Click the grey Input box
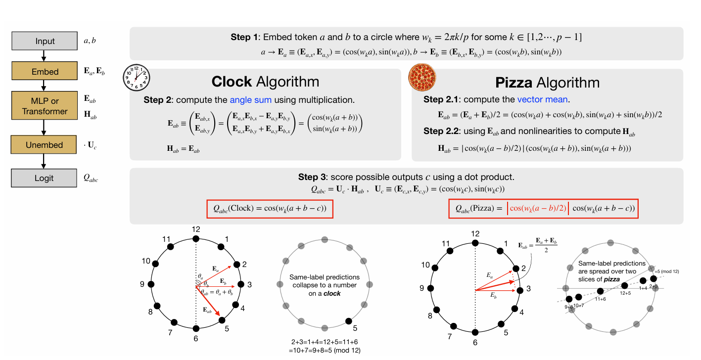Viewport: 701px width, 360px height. [45, 41]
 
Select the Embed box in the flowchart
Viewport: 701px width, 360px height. [45, 72]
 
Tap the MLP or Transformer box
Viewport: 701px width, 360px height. [45, 106]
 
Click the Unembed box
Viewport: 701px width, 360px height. [45, 145]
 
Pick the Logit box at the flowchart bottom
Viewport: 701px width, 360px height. [45, 178]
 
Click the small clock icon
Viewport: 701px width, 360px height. [136, 78]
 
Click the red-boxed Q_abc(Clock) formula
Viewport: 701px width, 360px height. [270, 209]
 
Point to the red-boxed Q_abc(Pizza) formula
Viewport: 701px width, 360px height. [543, 209]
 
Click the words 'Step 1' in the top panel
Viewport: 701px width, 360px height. [244, 38]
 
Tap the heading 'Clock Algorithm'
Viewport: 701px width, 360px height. [265, 82]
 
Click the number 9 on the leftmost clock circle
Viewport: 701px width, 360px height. [142, 284]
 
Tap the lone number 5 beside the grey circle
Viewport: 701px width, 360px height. [355, 328]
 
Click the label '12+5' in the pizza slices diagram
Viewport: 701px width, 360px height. [626, 293]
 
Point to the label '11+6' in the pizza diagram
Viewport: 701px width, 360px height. [601, 299]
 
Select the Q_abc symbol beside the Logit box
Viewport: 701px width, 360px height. [91, 179]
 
